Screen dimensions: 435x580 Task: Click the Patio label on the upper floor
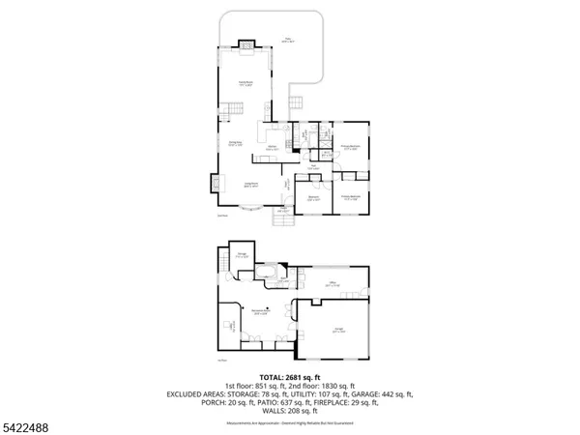pos(288,41)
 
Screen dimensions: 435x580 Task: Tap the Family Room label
pos(233,84)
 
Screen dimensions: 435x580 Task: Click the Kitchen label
pos(274,148)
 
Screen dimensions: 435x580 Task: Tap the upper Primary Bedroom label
pos(351,147)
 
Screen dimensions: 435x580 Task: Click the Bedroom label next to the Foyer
pos(313,198)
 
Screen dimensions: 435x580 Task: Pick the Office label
pos(331,283)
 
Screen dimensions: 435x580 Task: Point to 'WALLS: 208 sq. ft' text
pos(290,411)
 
